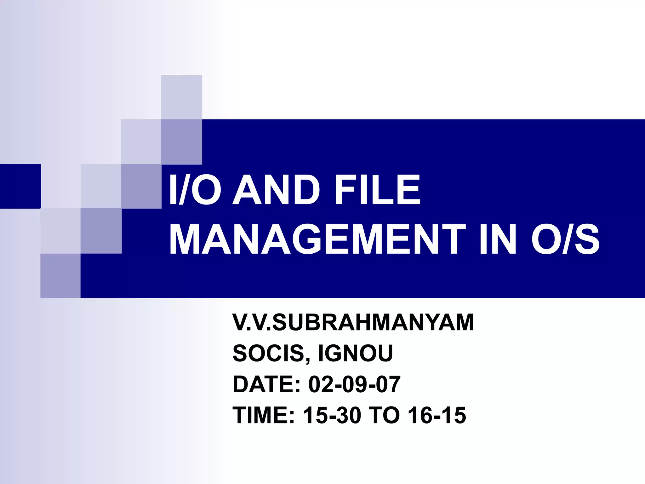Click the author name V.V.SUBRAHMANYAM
pyautogui.click(x=353, y=322)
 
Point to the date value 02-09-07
pyautogui.click(x=354, y=384)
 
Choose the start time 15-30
pyautogui.click(x=332, y=415)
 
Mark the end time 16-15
pyautogui.click(x=437, y=415)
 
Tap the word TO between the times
pyautogui.click(x=384, y=415)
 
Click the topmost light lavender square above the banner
pyautogui.click(x=181, y=97)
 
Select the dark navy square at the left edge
pyautogui.click(x=20, y=186)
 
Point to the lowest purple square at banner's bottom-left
pyautogui.click(x=60, y=276)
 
